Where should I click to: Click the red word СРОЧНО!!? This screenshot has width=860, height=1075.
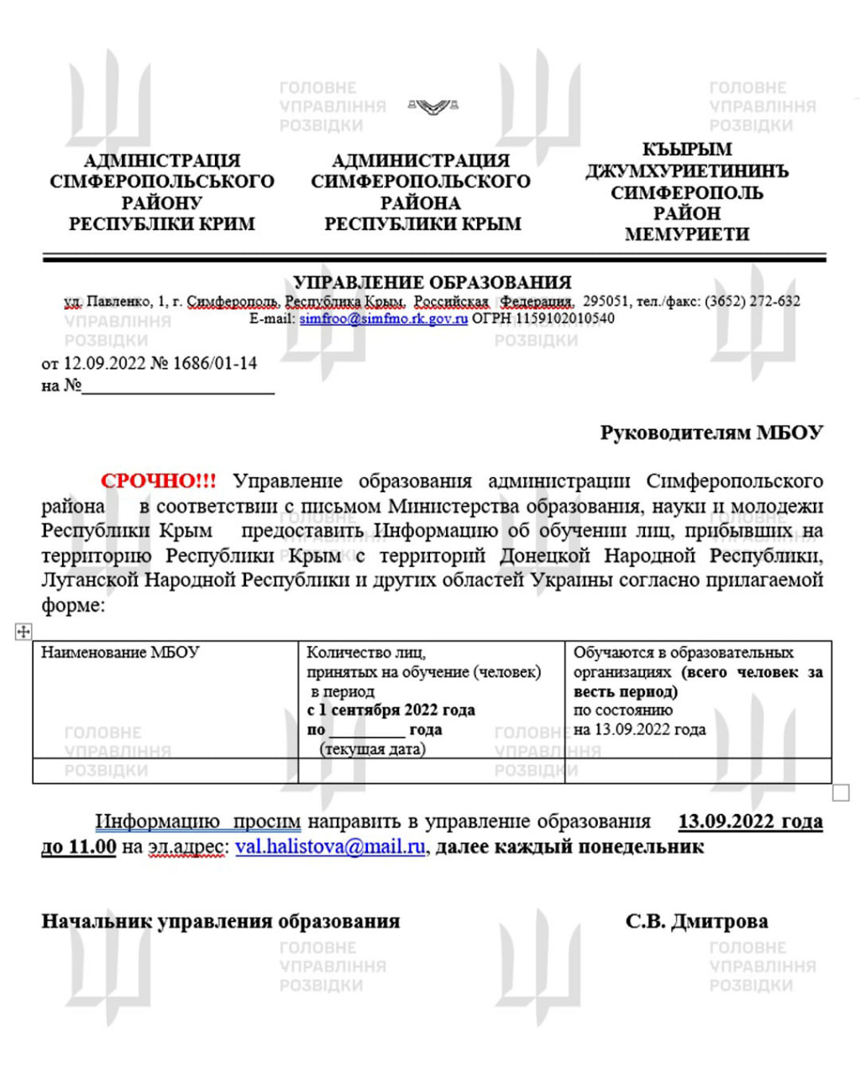click(x=158, y=481)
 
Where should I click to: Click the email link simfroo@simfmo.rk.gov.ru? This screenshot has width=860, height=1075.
click(x=383, y=319)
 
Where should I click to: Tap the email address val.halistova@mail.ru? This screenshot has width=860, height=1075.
click(x=330, y=847)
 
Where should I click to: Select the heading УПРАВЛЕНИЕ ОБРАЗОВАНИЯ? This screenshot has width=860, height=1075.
click(x=433, y=283)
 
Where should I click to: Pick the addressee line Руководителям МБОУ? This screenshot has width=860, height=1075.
click(x=711, y=433)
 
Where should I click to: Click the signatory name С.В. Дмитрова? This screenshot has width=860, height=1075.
click(x=696, y=921)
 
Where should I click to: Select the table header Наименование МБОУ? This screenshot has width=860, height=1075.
click(x=120, y=653)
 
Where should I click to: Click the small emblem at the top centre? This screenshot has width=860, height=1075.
click(x=433, y=106)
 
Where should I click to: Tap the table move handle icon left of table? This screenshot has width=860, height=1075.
click(x=24, y=632)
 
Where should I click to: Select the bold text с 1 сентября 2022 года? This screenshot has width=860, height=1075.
click(x=391, y=711)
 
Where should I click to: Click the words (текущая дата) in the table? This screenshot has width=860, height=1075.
click(x=372, y=749)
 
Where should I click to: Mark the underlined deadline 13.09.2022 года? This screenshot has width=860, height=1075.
click(x=750, y=821)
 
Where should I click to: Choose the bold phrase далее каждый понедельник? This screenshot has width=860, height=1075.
click(x=569, y=847)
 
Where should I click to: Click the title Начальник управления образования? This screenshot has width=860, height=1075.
click(x=220, y=921)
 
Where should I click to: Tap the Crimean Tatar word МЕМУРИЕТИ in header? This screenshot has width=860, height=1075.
click(x=686, y=234)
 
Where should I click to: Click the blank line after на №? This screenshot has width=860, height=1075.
click(x=178, y=388)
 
